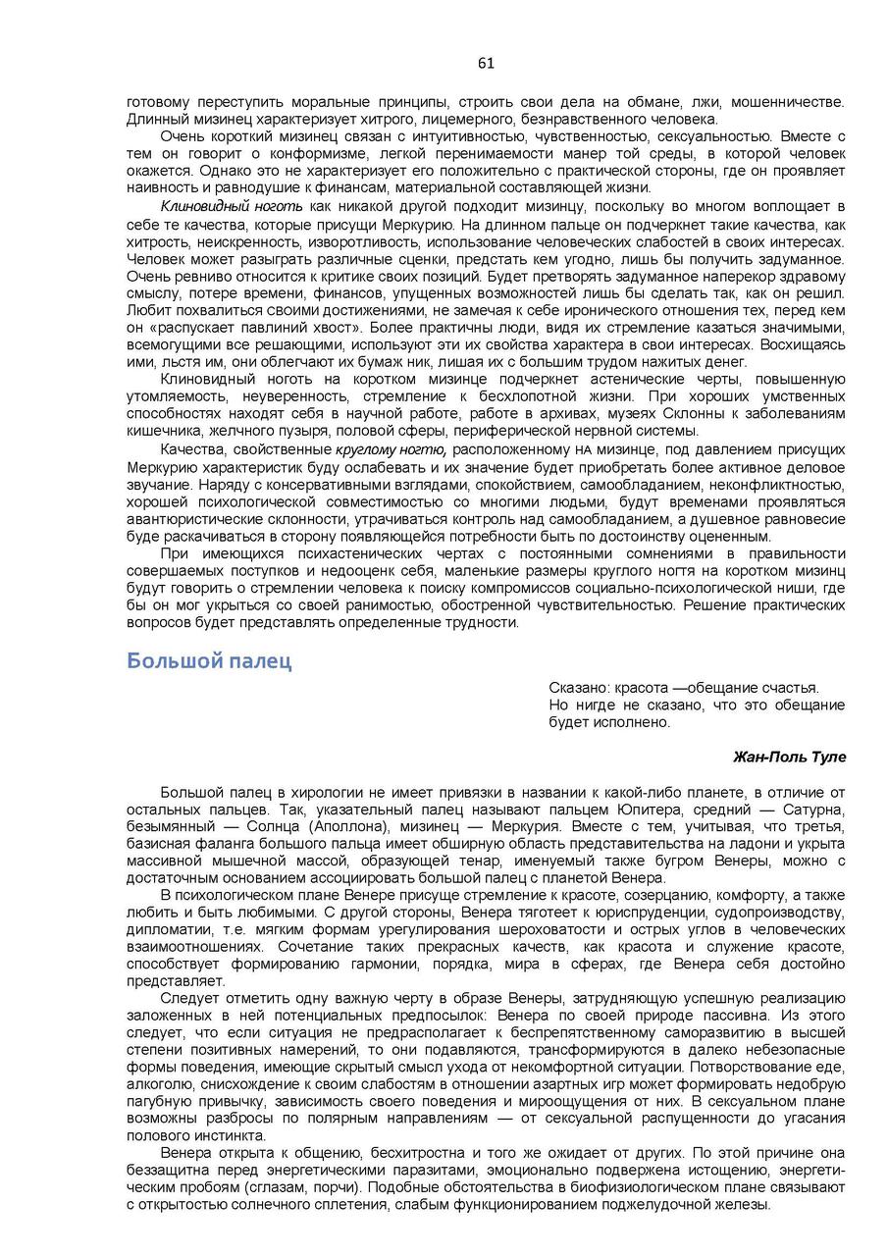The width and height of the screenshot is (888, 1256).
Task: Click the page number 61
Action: click(486, 63)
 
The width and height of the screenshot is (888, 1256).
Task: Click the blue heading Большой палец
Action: click(209, 660)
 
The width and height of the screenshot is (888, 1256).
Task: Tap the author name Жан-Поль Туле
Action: click(789, 757)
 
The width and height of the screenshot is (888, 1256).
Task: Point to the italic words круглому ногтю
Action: click(391, 449)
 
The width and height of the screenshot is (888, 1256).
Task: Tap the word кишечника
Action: click(164, 430)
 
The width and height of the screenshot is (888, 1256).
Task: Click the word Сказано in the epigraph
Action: click(578, 688)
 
